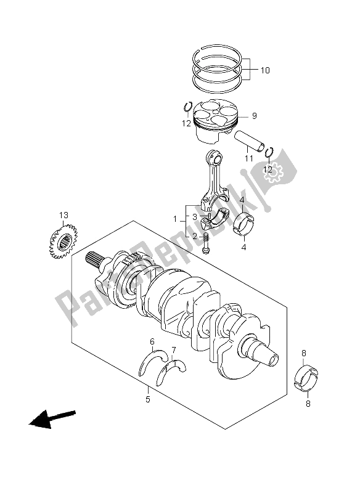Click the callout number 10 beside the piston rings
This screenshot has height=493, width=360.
[x=265, y=70]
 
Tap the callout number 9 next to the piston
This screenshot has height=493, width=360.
[x=254, y=116]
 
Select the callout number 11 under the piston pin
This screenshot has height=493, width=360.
[x=248, y=158]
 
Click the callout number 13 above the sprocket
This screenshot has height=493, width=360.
[x=63, y=215]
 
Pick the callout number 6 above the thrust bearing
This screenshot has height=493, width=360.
[x=152, y=341]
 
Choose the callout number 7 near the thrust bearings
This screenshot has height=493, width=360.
[x=174, y=350]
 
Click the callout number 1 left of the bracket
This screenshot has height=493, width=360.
[x=176, y=219]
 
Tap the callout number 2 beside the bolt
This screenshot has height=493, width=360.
[x=195, y=236]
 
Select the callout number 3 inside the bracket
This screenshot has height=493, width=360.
[x=195, y=217]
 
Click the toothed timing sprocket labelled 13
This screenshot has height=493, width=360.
[x=63, y=241]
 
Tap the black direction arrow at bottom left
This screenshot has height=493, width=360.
[x=52, y=419]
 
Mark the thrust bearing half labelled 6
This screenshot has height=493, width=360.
[x=153, y=362]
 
